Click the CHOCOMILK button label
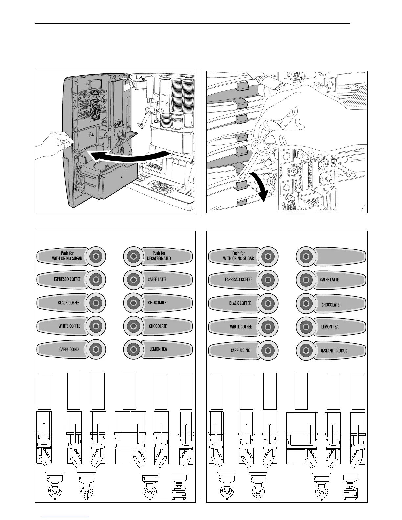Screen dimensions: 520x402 coord(158,302)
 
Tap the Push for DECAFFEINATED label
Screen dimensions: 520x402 coord(159,256)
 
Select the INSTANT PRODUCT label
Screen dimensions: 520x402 coord(335,351)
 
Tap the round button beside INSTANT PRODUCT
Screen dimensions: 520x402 coord(306,351)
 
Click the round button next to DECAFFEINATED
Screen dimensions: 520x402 coord(133,256)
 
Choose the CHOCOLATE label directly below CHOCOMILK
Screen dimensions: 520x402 coord(158,326)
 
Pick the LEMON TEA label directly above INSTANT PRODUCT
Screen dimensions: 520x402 coord(329,327)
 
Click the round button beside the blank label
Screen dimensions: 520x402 coord(306,256)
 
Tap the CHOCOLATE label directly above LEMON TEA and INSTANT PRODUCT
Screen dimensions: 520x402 coord(330,305)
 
